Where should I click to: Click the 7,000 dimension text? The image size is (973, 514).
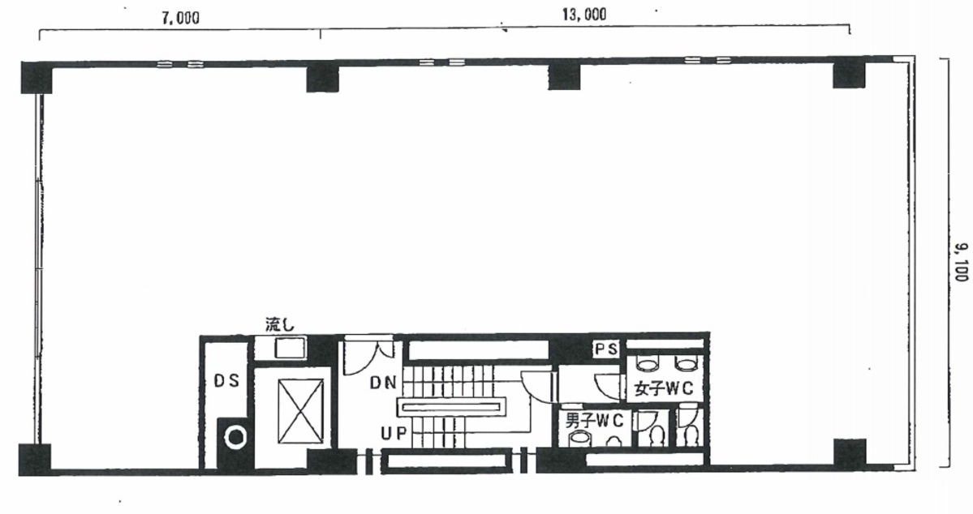pos(181,18)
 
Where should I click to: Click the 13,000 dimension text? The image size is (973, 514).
pos(584,15)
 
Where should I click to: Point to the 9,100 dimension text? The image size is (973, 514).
pos(961,262)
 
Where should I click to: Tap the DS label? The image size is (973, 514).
pos(226,381)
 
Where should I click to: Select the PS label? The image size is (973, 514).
pos(606,349)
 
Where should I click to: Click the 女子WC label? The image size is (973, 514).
pos(663,389)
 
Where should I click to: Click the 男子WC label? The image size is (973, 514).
pos(594,420)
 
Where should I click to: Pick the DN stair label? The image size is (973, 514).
pos(383,383)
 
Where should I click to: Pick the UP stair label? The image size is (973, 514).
pos(393,434)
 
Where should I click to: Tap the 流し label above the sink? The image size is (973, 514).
pos(280,325)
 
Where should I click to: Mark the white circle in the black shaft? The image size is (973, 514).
pos(235,438)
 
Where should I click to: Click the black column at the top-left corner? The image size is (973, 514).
pos(36,78)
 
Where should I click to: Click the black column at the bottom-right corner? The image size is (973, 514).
pos(849,455)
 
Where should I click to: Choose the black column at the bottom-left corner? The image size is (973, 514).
pos(35,460)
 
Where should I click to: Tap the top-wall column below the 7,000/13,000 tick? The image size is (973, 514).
pos(323,78)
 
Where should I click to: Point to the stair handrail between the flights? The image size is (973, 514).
pos(450,407)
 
